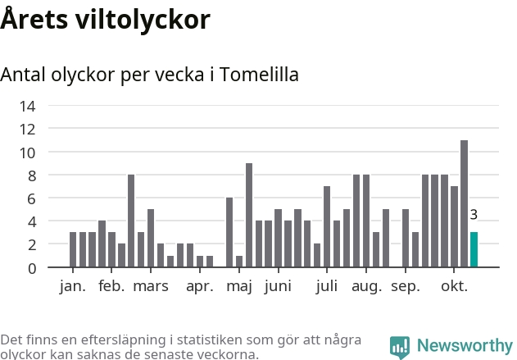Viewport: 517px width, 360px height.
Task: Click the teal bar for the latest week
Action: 474,249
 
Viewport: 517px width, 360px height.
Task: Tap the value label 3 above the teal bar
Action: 474,215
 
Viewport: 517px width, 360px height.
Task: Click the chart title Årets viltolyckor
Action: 105,19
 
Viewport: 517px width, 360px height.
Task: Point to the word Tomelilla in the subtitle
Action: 260,75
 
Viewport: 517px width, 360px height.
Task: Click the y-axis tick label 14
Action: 28,106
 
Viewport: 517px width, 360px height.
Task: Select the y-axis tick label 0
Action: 32,268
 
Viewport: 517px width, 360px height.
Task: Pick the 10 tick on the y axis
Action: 28,153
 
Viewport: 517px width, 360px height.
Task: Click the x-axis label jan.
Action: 73,287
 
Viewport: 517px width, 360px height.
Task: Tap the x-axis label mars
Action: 151,287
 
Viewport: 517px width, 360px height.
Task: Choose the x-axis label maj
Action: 239,287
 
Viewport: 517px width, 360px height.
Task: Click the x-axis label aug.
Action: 367,287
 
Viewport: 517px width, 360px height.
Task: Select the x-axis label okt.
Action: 455,287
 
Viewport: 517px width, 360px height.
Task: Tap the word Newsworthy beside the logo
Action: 464,346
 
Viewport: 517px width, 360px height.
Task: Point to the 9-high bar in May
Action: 249,215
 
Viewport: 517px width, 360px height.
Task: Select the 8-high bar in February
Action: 131,221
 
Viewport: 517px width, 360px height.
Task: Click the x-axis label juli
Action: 327,287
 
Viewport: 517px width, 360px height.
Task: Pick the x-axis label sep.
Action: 406,287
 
